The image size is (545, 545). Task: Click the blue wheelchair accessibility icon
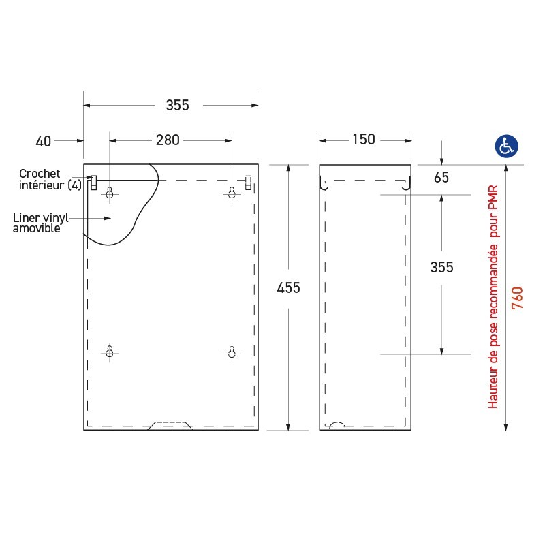(506, 144)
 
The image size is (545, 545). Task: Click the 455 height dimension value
(289, 287)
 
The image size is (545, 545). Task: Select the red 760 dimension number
(517, 298)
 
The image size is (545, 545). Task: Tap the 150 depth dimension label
(363, 140)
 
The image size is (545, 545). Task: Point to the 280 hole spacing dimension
(168, 140)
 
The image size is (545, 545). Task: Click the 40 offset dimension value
(43, 141)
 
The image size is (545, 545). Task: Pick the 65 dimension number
(441, 178)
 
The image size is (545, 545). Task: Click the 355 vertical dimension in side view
(441, 268)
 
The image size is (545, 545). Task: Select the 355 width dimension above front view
(177, 105)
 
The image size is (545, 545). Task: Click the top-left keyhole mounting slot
(110, 194)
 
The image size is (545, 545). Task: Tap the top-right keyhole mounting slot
(232, 194)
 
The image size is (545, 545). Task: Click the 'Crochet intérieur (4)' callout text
(49, 180)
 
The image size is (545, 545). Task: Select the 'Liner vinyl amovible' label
(41, 223)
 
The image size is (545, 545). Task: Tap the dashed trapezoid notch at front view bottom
(170, 425)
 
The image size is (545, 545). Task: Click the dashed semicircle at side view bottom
(337, 426)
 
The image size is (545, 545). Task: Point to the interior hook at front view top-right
(248, 182)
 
